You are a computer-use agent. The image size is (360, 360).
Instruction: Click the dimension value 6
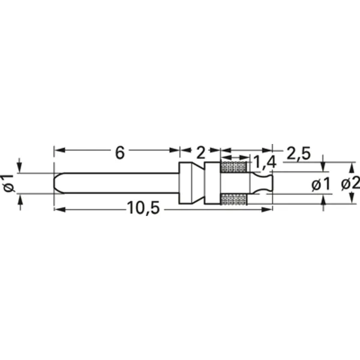(119, 152)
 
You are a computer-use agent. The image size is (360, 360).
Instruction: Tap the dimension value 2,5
(298, 154)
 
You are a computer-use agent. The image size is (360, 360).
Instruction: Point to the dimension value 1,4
(265, 162)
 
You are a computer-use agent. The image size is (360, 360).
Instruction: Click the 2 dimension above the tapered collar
(200, 152)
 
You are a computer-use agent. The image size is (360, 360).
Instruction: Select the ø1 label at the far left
(8, 183)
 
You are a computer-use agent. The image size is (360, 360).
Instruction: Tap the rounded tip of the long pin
(56, 183)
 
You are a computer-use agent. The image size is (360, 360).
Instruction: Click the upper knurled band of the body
(235, 167)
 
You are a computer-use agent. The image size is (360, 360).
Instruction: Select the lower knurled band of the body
(235, 199)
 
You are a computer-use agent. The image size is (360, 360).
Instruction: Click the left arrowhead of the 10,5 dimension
(58, 208)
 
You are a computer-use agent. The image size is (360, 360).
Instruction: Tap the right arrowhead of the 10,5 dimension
(269, 208)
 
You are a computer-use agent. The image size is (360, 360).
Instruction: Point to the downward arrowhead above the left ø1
(21, 169)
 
